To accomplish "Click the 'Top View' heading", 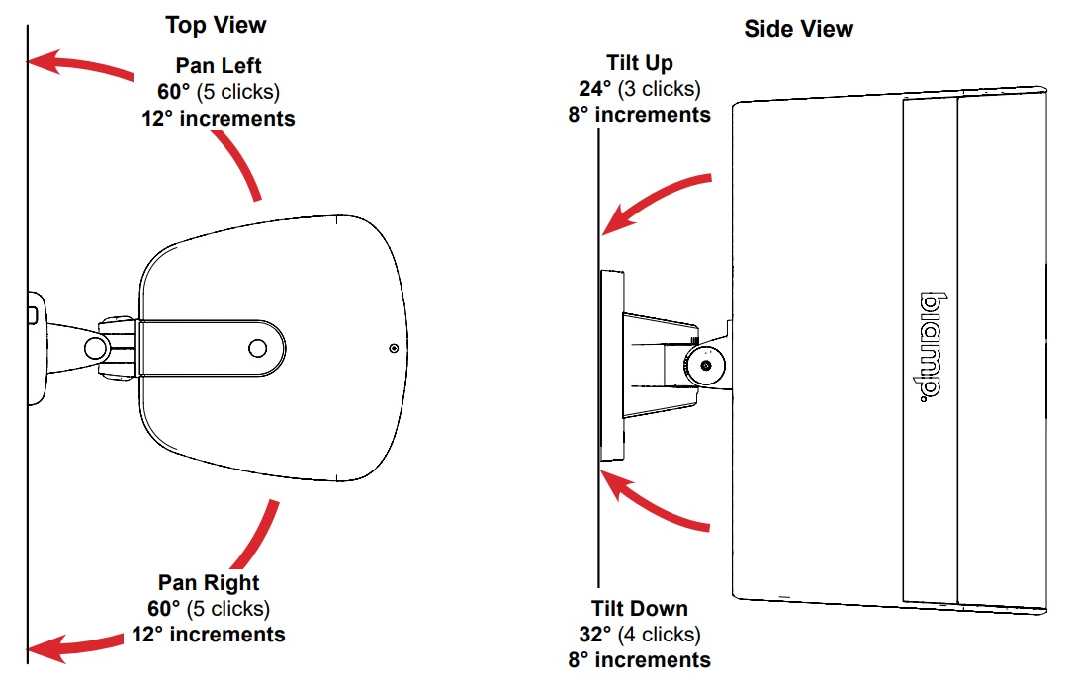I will [216, 24].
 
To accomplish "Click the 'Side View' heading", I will [798, 29].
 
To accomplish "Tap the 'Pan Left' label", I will [219, 67].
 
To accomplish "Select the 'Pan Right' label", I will [209, 583].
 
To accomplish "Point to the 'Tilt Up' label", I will [640, 63].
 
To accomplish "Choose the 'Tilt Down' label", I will [640, 609].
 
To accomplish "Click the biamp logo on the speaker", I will [929, 345].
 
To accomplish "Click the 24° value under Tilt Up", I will [595, 89].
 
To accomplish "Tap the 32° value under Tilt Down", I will [595, 635].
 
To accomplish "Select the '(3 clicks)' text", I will [660, 89].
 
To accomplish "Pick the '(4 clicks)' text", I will [659, 635].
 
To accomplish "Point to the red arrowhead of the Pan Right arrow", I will [45, 649].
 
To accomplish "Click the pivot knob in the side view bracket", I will [705, 365].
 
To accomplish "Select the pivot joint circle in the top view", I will [97, 348].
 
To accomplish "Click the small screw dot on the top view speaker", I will [395, 348].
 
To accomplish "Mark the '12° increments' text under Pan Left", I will [219, 119].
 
